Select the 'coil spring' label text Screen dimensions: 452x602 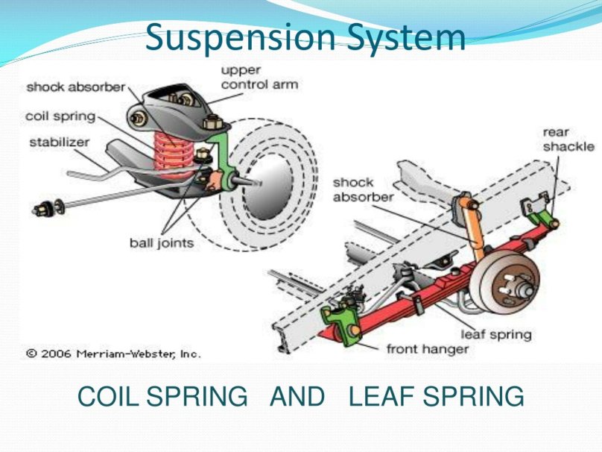[60, 116]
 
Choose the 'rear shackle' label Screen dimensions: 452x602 [568, 139]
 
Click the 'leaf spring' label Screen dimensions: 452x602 [496, 333]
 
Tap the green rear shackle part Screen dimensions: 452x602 [549, 217]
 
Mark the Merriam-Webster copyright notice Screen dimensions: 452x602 [113, 354]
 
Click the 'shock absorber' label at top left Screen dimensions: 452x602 [75, 87]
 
